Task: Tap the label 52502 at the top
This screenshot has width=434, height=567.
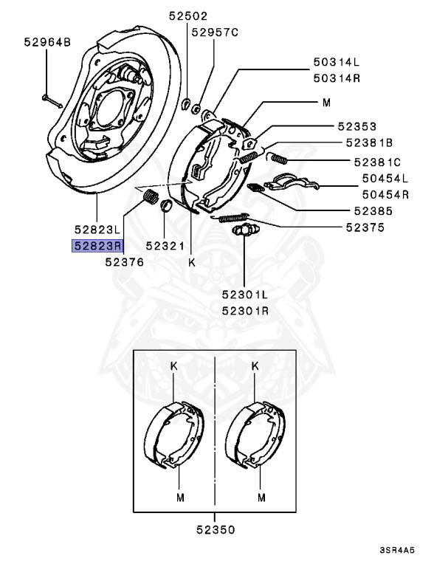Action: pos(187,16)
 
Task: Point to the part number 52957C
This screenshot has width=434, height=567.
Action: pos(215,32)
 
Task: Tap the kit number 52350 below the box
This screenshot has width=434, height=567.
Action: pos(216,529)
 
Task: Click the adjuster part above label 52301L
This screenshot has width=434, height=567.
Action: pos(243,231)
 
